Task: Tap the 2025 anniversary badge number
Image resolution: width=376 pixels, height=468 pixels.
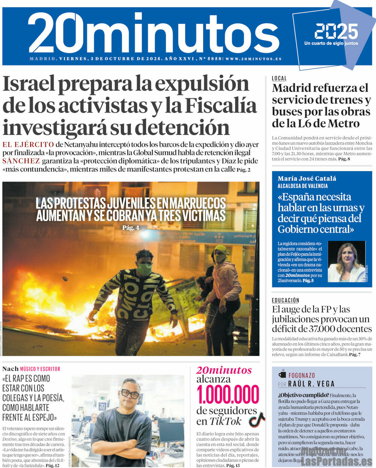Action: coord(336,32)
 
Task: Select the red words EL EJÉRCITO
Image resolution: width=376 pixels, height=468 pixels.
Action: coord(28,145)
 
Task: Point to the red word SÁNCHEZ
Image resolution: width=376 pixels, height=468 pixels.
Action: coord(21,161)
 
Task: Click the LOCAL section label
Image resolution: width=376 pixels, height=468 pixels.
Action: coord(279,79)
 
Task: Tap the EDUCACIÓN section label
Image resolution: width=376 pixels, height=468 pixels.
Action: coord(285,300)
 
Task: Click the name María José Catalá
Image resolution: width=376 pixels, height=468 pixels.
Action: coord(307,178)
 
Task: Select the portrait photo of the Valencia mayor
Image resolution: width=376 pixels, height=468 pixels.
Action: coord(346,261)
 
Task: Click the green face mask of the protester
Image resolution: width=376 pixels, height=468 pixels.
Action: coord(144,269)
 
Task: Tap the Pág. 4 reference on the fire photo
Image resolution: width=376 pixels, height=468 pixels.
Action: coord(130,228)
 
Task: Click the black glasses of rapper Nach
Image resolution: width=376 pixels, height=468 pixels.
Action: coord(130,394)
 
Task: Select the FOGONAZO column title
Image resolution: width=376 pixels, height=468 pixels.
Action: coord(302,375)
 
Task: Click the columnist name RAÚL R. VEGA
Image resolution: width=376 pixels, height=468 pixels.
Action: coord(311,384)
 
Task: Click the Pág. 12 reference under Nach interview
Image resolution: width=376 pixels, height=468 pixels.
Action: coord(52,465)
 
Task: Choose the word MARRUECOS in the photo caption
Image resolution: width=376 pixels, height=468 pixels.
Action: coord(197,203)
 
